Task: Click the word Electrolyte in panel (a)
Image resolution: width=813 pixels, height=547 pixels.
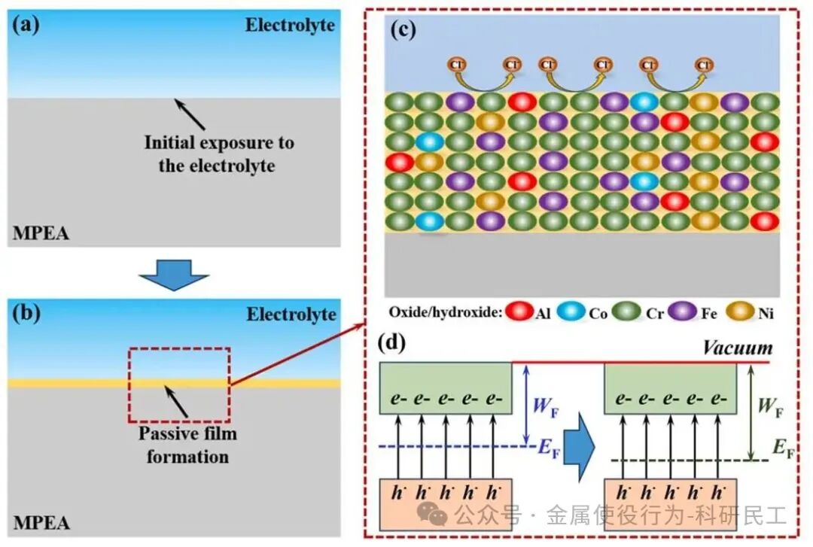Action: pyautogui.click(x=290, y=25)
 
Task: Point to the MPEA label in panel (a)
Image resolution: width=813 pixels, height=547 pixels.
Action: pyautogui.click(x=41, y=233)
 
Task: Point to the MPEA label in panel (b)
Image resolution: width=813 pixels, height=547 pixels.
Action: pyautogui.click(x=41, y=522)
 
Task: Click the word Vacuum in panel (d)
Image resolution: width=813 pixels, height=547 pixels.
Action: pyautogui.click(x=737, y=348)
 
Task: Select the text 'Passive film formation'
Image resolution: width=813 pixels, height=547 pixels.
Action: pyautogui.click(x=187, y=445)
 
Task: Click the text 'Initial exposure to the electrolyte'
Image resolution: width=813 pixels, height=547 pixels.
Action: pyautogui.click(x=219, y=153)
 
